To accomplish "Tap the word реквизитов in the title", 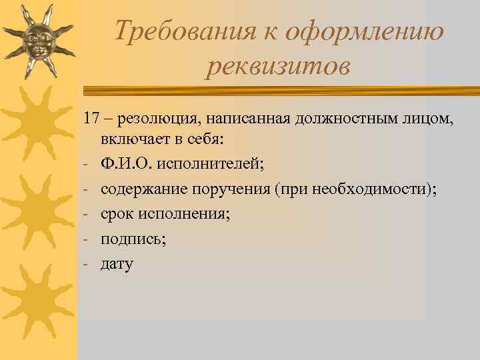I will [277, 67].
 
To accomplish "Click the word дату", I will [117, 265].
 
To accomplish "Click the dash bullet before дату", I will [87, 265].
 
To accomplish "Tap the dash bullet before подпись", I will [87, 239].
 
